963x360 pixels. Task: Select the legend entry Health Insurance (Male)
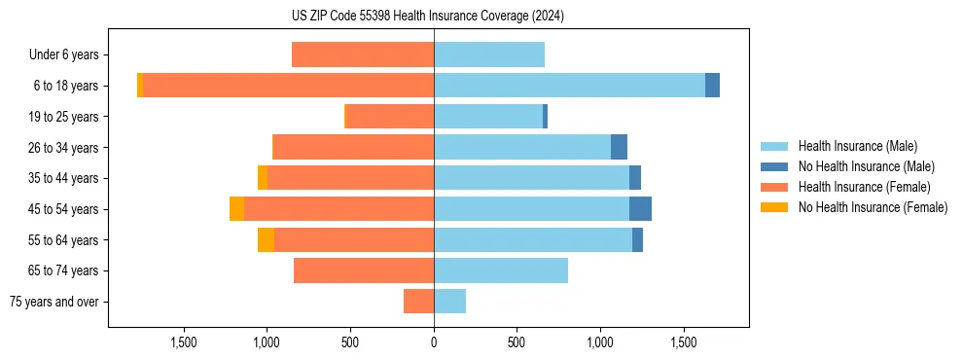point(857,146)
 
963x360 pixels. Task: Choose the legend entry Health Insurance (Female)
point(864,187)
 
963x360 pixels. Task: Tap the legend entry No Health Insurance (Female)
point(873,207)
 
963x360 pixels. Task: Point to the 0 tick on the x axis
point(434,342)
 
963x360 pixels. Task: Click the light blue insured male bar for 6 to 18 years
point(569,86)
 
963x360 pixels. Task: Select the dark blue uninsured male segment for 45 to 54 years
point(640,209)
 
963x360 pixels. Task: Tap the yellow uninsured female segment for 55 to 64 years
point(266,240)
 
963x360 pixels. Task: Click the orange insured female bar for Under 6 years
point(363,55)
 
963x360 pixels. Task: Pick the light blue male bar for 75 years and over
point(449,302)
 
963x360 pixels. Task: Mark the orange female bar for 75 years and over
point(418,302)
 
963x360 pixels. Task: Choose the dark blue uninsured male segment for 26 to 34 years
point(619,148)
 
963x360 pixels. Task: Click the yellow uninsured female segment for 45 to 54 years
point(236,209)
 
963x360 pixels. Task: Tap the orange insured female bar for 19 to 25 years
point(390,117)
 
